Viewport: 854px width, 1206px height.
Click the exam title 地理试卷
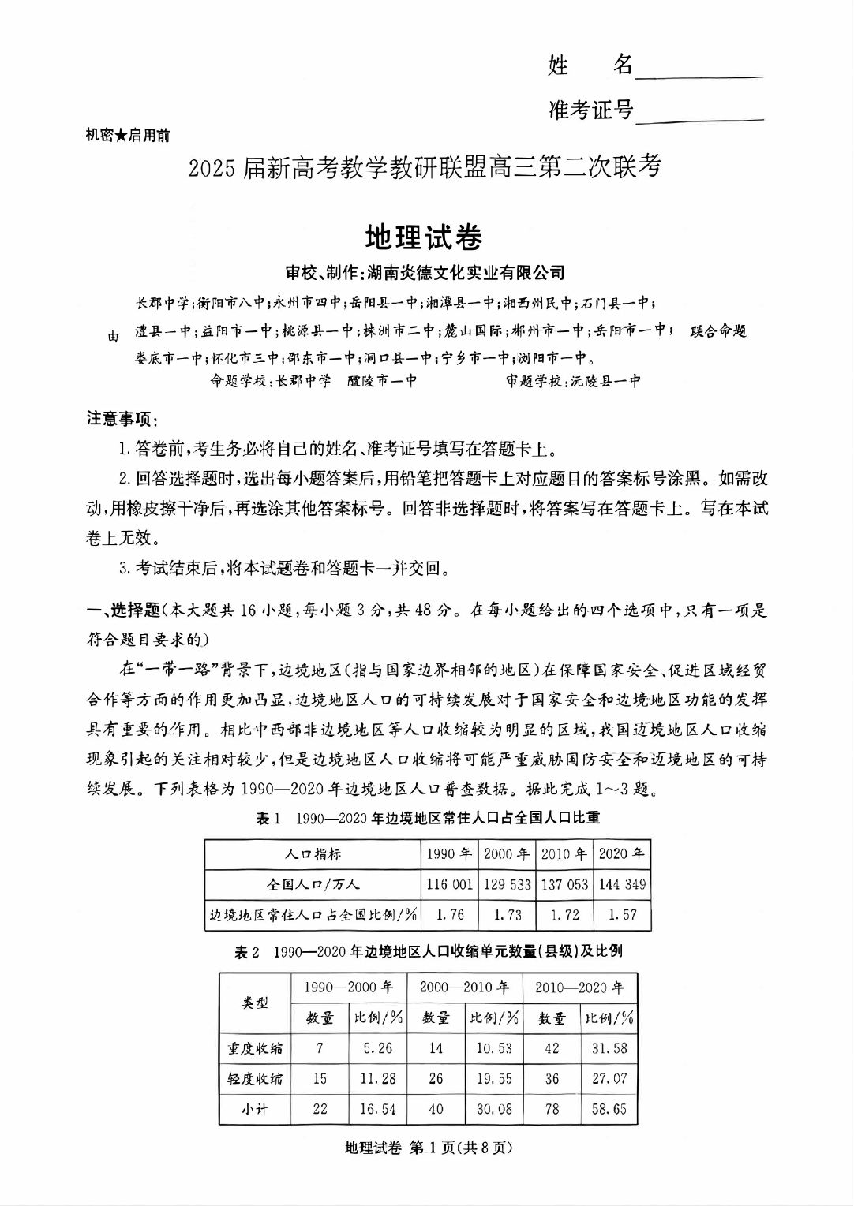point(424,237)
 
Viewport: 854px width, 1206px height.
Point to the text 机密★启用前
point(127,135)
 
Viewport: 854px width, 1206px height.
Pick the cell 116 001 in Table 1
point(449,884)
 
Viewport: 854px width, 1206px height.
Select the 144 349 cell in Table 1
point(622,884)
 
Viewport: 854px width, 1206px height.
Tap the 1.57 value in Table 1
point(622,915)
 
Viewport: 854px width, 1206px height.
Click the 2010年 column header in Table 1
point(564,853)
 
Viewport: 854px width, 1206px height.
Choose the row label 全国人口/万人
point(313,884)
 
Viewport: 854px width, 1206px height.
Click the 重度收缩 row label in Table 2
point(255,1048)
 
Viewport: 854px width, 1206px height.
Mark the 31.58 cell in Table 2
point(609,1048)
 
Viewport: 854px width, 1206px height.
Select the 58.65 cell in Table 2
point(609,1109)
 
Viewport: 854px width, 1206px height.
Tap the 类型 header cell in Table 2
point(255,1003)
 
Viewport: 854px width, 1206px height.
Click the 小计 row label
point(255,1109)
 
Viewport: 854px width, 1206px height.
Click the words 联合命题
point(718,331)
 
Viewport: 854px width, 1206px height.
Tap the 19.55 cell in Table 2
point(494,1078)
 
